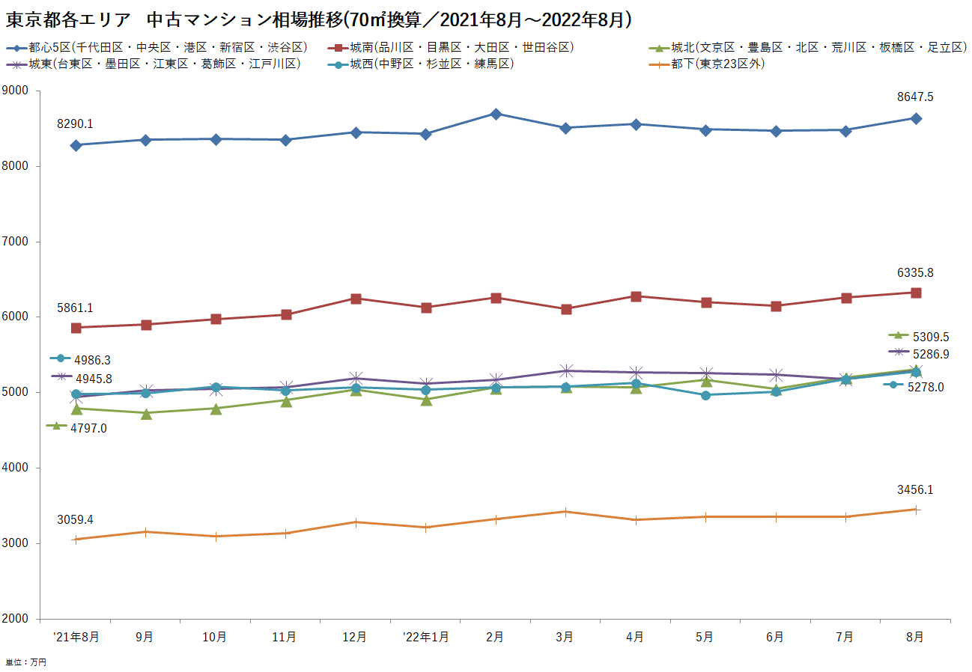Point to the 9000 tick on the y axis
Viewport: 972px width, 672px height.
click(16, 91)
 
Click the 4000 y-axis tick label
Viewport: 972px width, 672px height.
click(16, 468)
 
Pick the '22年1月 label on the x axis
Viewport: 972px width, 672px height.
click(425, 637)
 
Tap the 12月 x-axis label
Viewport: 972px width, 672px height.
click(355, 637)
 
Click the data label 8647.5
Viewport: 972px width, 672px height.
click(915, 97)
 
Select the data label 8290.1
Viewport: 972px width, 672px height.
click(75, 124)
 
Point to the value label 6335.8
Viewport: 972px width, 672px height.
click(915, 273)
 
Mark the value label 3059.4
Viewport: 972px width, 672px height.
click(75, 519)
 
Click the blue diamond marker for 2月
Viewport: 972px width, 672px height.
click(496, 114)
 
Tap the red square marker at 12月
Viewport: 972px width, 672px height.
click(356, 299)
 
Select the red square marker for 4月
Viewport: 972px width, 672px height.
click(636, 296)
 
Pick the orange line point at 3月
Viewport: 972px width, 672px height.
click(565, 512)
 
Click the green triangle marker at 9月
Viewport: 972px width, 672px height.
click(146, 413)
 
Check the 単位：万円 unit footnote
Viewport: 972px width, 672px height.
click(26, 662)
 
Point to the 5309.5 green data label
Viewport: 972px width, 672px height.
click(930, 337)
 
